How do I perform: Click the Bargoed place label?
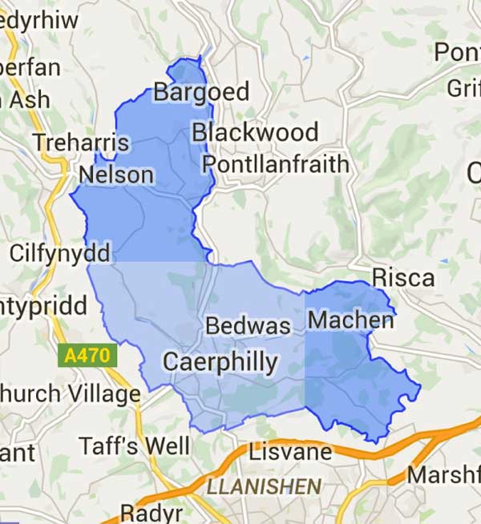coord(201,92)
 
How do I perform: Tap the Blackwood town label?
coord(255,132)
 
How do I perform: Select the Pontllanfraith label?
coord(275,165)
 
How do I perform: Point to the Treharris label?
coord(80,143)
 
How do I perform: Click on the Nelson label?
coord(116,175)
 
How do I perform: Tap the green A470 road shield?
coord(88,355)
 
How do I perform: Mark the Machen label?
coord(350,320)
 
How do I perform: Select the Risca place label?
coord(403,279)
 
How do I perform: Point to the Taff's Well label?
coord(134,446)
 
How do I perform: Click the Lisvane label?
coord(290,452)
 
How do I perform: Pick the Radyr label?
coord(152,512)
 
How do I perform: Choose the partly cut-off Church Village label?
coord(69,394)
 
